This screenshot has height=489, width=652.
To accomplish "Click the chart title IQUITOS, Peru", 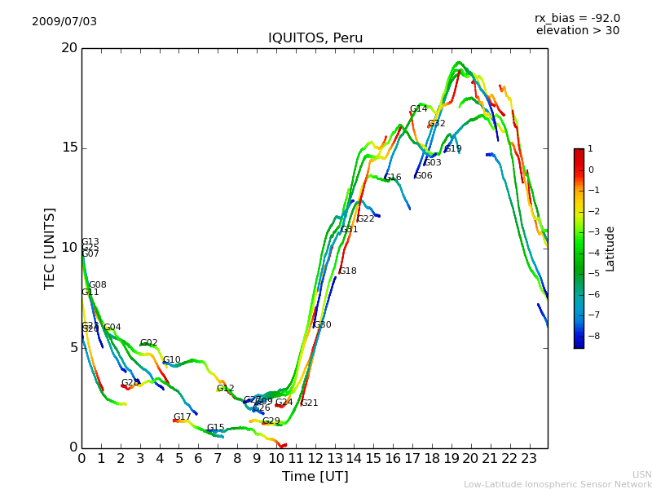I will tap(315, 38).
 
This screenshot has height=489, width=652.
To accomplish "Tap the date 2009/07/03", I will tap(64, 22).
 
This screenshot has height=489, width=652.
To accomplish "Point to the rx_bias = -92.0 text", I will tap(577, 18).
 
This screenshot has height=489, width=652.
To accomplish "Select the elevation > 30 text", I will tap(577, 31).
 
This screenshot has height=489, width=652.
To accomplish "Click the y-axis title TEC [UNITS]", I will tap(50, 248).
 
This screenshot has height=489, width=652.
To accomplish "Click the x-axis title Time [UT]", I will tap(315, 477).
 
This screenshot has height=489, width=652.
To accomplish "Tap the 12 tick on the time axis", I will tap(315, 459).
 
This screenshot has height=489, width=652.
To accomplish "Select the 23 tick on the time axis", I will tap(529, 459).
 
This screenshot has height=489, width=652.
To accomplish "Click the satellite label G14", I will tap(418, 109).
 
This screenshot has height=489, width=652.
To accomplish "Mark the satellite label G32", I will tap(437, 124).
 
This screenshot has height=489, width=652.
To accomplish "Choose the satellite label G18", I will tap(348, 271).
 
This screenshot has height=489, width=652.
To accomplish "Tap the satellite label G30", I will tap(322, 325).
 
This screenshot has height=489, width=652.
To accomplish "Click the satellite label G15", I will tap(215, 428).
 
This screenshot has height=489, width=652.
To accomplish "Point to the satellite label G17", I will tap(182, 417).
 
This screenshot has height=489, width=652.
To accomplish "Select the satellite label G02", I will tap(148, 344).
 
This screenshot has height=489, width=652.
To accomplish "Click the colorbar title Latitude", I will tap(610, 249).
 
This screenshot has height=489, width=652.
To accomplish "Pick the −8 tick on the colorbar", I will tap(591, 335).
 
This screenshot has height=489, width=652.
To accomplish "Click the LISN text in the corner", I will tap(642, 474).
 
